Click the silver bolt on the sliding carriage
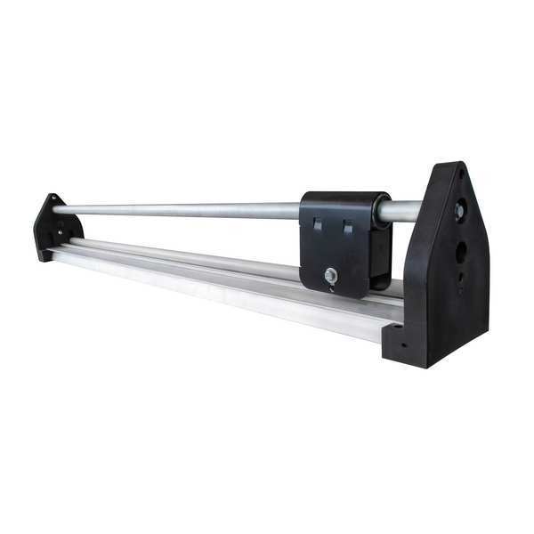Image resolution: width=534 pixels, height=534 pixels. tap(331, 276)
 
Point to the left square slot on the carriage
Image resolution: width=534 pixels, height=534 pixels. tap(318, 226)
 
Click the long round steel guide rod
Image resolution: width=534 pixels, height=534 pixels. tap(178, 210)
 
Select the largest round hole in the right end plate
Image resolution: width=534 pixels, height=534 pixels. tap(461, 252)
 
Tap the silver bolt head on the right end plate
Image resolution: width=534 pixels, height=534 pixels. tap(459, 212)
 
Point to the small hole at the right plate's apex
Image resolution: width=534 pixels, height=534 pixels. tap(462, 174)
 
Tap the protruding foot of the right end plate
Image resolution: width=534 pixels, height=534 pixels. tap(400, 343)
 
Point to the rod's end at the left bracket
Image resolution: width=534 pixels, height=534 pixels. tap(59, 210)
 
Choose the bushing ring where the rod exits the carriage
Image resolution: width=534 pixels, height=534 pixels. tap(382, 211)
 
